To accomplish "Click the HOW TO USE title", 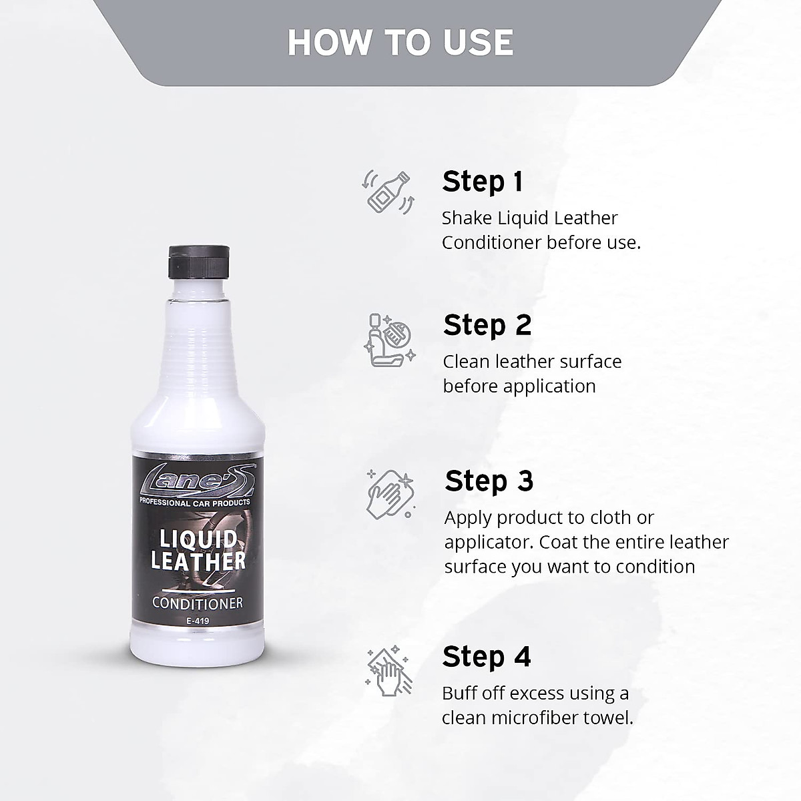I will click(400, 42).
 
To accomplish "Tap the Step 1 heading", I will click(483, 182).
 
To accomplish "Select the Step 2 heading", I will click(487, 325).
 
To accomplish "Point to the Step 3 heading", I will click(489, 481).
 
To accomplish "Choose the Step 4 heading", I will click(487, 657).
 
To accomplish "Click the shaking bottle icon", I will click(388, 191).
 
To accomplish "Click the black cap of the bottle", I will click(200, 262).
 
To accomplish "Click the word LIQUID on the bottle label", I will click(198, 539).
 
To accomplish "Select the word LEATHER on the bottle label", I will click(198, 561).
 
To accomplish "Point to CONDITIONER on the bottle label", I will click(198, 603).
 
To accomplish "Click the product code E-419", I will click(198, 620).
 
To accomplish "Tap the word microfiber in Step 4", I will click(532, 718).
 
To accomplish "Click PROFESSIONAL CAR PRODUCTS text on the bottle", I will click(194, 501).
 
